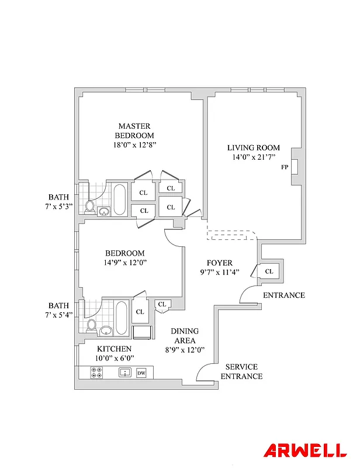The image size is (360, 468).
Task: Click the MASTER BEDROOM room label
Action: pos(134,130)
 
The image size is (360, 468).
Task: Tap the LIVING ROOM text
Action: pos(254,148)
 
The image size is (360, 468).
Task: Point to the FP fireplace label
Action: pos(285,167)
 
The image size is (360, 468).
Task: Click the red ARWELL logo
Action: pos(304,451)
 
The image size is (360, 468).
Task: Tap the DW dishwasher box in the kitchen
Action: pos(141,373)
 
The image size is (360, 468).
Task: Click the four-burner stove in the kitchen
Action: pos(97,373)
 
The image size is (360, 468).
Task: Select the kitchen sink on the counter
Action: pos(124,373)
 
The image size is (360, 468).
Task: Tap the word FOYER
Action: pos(220,263)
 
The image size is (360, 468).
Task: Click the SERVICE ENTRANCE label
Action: pos(241,371)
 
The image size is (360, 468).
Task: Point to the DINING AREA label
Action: pos(184,335)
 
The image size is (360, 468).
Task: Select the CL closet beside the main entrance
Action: pos(269,271)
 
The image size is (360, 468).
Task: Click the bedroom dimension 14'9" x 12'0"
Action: pos(125,263)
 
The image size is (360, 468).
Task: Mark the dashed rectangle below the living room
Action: pos(232,235)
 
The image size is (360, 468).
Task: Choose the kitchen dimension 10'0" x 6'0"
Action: pos(114,358)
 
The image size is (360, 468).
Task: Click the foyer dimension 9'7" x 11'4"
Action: pos(220,272)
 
